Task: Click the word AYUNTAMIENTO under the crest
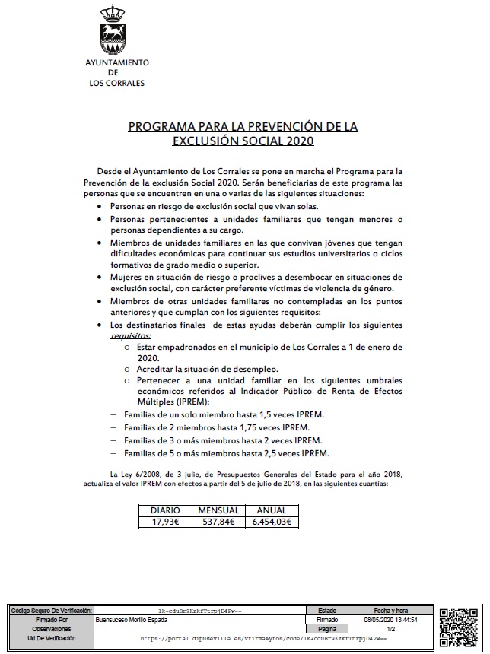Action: [x=116, y=63]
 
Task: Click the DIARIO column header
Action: [x=164, y=510]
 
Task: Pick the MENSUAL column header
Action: [x=218, y=510]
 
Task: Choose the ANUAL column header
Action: [x=272, y=510]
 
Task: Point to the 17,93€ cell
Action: [x=164, y=522]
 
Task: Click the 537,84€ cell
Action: [x=218, y=522]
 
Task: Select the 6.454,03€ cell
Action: [x=272, y=522]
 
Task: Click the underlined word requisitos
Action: [x=132, y=334]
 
